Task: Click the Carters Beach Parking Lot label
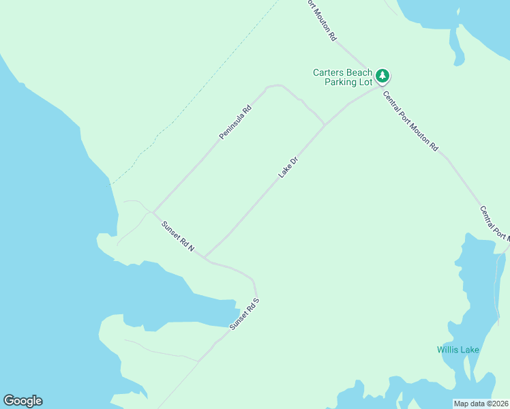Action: pos(343,77)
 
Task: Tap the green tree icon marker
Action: pos(383,75)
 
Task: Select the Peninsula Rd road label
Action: pos(236,122)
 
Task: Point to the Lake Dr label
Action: pos(288,168)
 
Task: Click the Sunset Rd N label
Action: pos(178,237)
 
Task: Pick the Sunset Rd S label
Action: pos(245,314)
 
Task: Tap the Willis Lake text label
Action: pos(458,350)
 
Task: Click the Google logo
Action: pos(22,401)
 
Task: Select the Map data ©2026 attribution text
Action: pos(481,404)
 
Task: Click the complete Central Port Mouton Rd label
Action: pos(410,121)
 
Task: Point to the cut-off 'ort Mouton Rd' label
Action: pos(320,20)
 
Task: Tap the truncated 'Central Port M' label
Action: pos(494,223)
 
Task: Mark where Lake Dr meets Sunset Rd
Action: pos(205,258)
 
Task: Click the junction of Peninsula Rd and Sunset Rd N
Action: pos(153,211)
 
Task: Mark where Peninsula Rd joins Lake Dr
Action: pos(324,125)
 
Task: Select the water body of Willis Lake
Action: pos(477,286)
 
